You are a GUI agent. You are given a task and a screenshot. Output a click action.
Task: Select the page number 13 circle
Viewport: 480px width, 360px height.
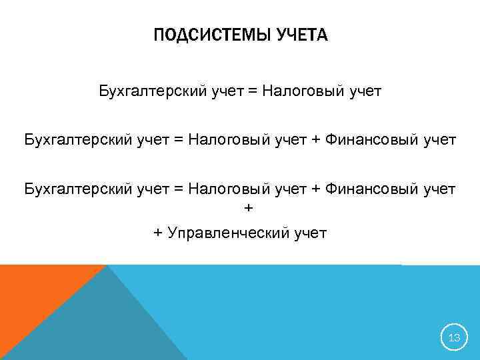454,338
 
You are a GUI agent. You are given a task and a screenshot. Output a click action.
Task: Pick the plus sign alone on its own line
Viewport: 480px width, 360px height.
249,209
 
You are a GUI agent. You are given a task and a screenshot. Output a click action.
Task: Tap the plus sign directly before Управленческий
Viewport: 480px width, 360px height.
158,233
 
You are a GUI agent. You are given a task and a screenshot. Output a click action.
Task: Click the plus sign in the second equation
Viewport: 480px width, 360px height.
315,140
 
